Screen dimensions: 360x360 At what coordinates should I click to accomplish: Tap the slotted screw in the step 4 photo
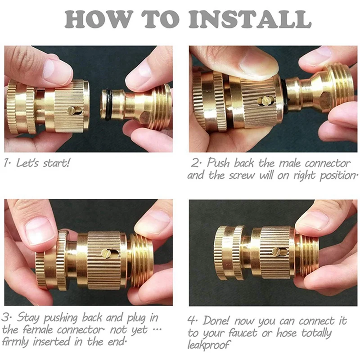(279, 252)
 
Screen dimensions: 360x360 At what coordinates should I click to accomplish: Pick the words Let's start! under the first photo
(43, 163)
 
